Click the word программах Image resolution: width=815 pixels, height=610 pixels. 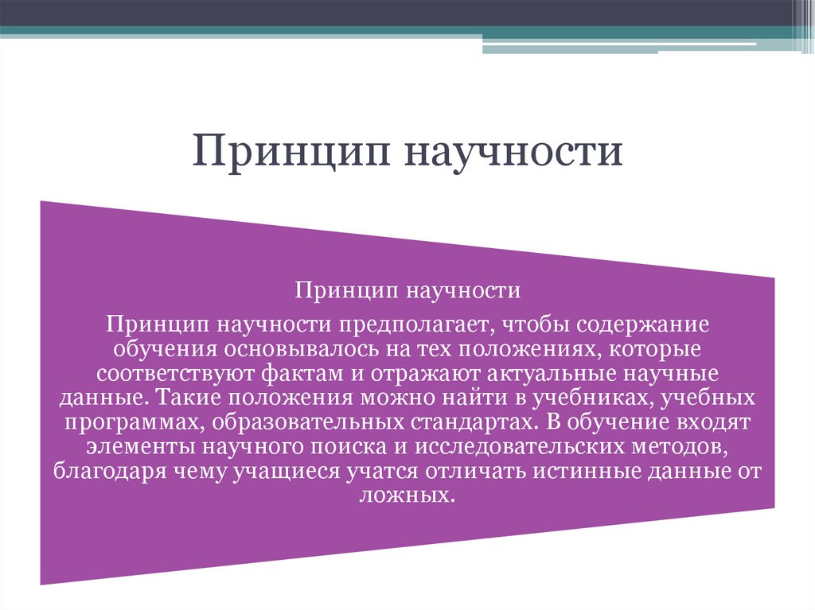tap(128, 419)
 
